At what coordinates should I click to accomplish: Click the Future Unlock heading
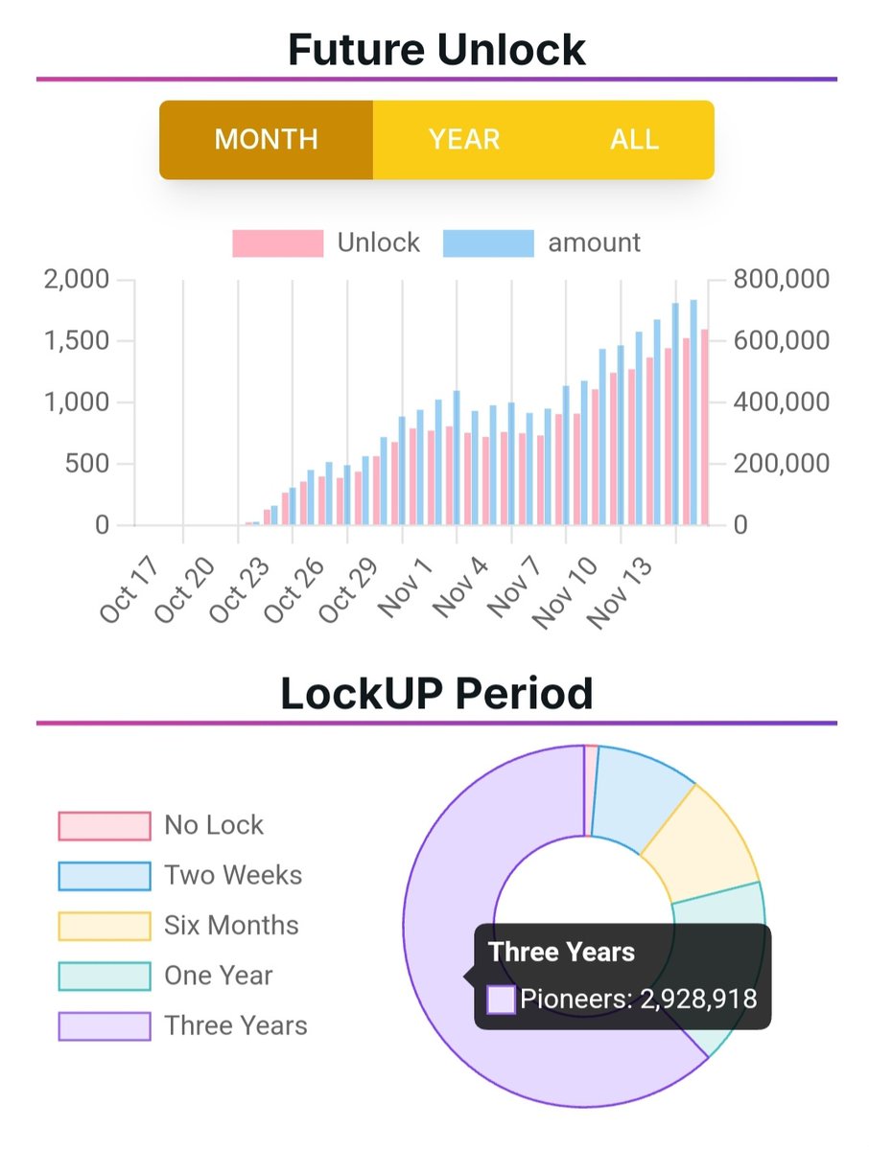pyautogui.click(x=436, y=48)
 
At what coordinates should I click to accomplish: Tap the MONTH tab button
pyautogui.click(x=266, y=140)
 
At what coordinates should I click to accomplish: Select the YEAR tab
pyautogui.click(x=464, y=140)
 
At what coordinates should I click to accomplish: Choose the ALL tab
pyautogui.click(x=634, y=140)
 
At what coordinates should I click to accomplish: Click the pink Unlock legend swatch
pyautogui.click(x=277, y=243)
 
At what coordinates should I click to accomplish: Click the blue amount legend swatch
pyautogui.click(x=488, y=243)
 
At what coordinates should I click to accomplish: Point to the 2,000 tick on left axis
pyautogui.click(x=78, y=280)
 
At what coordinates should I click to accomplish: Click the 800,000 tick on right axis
pyautogui.click(x=780, y=280)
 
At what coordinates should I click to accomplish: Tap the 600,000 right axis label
pyautogui.click(x=780, y=341)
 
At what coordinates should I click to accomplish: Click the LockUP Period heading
pyautogui.click(x=436, y=692)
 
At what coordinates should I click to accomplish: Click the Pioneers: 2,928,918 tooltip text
pyautogui.click(x=638, y=1000)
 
